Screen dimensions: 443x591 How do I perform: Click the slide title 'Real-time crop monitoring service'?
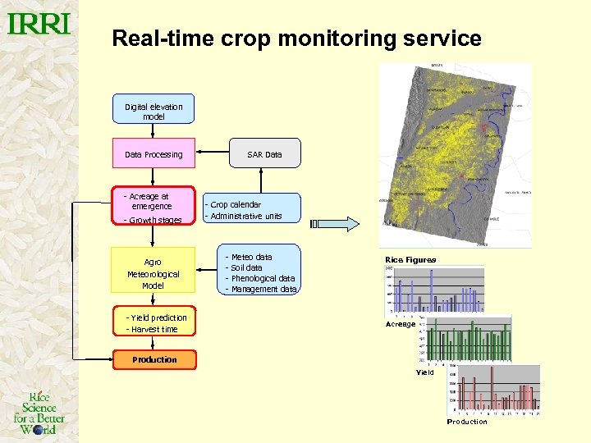pyautogui.click(x=296, y=39)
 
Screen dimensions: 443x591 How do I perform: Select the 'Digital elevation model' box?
pyautogui.click(x=153, y=112)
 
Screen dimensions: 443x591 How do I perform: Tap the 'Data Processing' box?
pyautogui.click(x=153, y=154)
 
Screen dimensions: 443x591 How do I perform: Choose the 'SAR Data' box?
pyautogui.click(x=264, y=154)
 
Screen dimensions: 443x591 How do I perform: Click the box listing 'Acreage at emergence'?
pyautogui.click(x=153, y=207)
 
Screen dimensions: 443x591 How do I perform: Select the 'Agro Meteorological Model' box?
pyautogui.click(x=153, y=270)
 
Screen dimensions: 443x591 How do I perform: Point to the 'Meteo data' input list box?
pyautogui.click(x=260, y=273)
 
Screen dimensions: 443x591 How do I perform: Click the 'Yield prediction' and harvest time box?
pyautogui.click(x=154, y=323)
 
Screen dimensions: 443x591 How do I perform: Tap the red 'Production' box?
pyautogui.click(x=154, y=359)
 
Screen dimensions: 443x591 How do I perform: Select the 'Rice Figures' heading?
pyautogui.click(x=410, y=260)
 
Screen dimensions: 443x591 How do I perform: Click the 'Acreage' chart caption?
pyautogui.click(x=401, y=324)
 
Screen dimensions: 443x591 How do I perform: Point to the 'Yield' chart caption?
pyautogui.click(x=424, y=372)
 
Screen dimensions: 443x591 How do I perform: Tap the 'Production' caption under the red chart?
pyautogui.click(x=467, y=422)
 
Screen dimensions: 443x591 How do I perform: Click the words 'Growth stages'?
pyautogui.click(x=153, y=220)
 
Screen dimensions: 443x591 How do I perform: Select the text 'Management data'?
pyautogui.click(x=263, y=289)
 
